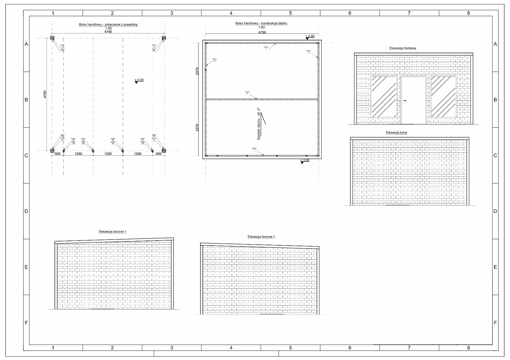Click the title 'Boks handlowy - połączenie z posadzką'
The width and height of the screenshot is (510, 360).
click(108, 24)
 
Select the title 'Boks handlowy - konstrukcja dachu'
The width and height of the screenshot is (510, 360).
click(261, 23)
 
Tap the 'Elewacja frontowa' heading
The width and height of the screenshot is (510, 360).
click(403, 48)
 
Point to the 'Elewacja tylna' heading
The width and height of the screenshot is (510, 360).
click(397, 133)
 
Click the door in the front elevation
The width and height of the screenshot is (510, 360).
click(413, 100)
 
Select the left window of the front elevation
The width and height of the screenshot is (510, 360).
click(384, 97)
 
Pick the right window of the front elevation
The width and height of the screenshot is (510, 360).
click(443, 97)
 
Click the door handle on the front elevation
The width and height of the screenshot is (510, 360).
click(404, 101)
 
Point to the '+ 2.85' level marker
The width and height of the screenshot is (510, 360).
click(310, 37)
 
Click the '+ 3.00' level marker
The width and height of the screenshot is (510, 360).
click(304, 161)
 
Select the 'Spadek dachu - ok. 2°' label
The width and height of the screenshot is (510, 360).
click(259, 124)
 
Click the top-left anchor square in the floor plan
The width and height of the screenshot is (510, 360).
click(52, 38)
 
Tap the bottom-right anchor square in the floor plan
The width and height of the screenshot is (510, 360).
click(164, 151)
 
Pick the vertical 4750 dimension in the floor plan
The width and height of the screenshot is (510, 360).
click(45, 94)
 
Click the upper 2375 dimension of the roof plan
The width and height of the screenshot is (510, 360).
click(197, 71)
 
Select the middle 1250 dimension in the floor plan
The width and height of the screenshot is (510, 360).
click(108, 154)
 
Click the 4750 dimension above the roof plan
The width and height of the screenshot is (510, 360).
click(262, 32)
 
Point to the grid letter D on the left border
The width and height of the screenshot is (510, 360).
click(26, 211)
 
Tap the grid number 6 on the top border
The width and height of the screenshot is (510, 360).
click(350, 13)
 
